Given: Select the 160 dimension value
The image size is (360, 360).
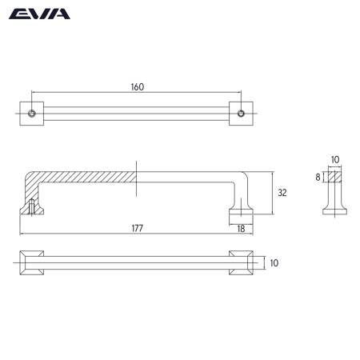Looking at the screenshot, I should pyautogui.click(x=137, y=87).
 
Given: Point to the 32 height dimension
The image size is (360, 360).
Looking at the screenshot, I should pyautogui.click(x=281, y=193).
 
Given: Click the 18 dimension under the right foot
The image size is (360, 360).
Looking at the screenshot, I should pyautogui.click(x=242, y=229).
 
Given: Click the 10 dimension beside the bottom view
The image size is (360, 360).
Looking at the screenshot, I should pyautogui.click(x=274, y=262).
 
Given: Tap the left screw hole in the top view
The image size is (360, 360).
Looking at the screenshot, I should pyautogui.click(x=32, y=112).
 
